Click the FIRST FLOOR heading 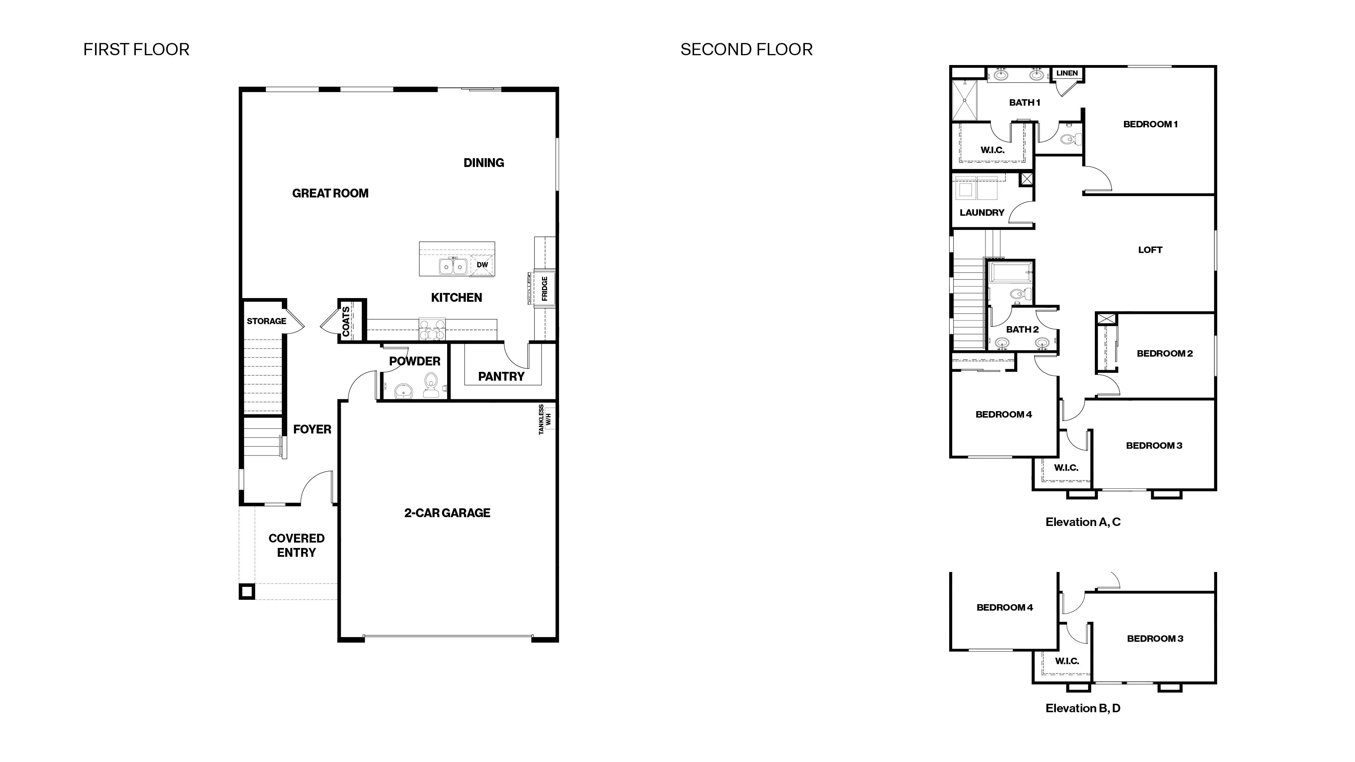coord(136,49)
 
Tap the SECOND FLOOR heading coord(746,49)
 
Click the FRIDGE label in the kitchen coord(544,288)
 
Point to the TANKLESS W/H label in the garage coord(544,419)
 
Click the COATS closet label coord(346,321)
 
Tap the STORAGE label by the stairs coord(266,321)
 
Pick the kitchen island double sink coord(453,267)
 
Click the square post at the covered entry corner coord(247,592)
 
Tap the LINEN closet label coord(1067,73)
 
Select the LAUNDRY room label coord(982,212)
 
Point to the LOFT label coord(1150,250)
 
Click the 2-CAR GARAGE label coord(447,513)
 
